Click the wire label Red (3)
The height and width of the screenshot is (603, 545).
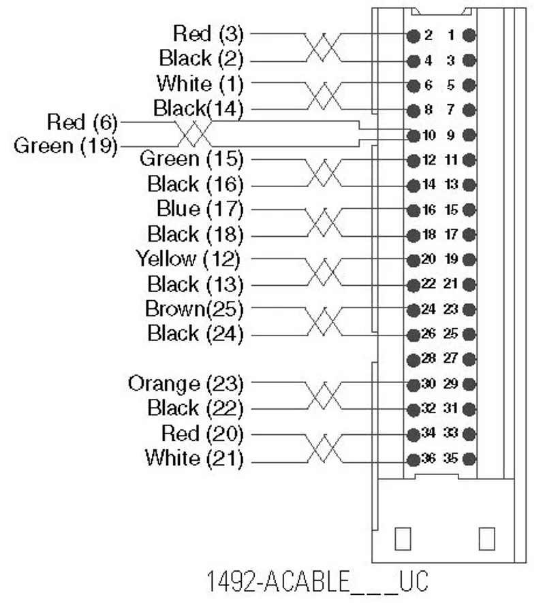pyautogui.click(x=208, y=33)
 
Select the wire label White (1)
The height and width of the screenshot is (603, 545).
pyautogui.click(x=200, y=84)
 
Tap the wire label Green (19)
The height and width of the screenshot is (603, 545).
pyautogui.click(x=65, y=146)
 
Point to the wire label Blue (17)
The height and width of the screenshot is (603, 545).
pyautogui.click(x=200, y=209)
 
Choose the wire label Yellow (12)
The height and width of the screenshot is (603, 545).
pyautogui.click(x=189, y=259)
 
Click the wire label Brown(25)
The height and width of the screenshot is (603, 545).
pyautogui.click(x=194, y=309)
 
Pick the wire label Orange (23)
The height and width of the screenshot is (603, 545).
pyautogui.click(x=186, y=384)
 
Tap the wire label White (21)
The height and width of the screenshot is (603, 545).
pyautogui.click(x=194, y=459)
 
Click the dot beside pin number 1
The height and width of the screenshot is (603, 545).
pyautogui.click(x=469, y=35)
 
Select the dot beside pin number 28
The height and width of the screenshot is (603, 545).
pyautogui.click(x=414, y=360)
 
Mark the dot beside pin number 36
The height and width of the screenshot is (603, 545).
pyautogui.click(x=414, y=459)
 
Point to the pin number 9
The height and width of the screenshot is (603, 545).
pyautogui.click(x=451, y=135)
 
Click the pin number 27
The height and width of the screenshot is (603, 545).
pyautogui.click(x=451, y=359)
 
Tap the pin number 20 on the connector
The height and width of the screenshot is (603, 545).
pyautogui.click(x=429, y=259)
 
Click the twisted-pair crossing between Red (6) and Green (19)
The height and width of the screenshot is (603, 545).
pyautogui.click(x=194, y=134)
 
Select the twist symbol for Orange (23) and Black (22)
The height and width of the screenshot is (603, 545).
pyautogui.click(x=324, y=396)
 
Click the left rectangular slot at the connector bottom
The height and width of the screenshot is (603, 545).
pyautogui.click(x=403, y=538)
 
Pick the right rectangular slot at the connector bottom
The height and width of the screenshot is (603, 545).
pyautogui.click(x=486, y=538)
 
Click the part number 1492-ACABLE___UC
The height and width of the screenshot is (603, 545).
pyautogui.click(x=318, y=581)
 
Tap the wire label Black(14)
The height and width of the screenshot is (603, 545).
pyautogui.click(x=199, y=108)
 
